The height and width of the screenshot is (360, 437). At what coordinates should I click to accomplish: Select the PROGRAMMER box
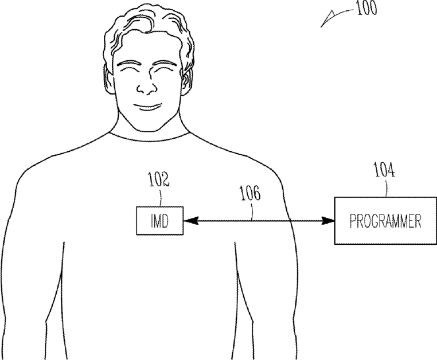click(x=384, y=220)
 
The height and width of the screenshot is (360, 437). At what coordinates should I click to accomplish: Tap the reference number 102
click(x=158, y=182)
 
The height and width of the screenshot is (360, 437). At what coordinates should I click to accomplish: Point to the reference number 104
click(x=384, y=170)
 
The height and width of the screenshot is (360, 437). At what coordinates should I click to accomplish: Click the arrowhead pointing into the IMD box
click(x=189, y=220)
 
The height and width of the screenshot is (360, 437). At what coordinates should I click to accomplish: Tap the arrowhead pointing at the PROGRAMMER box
click(x=329, y=220)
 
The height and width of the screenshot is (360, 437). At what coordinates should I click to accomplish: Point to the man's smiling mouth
click(x=147, y=107)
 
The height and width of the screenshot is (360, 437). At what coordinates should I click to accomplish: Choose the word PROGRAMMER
click(x=384, y=221)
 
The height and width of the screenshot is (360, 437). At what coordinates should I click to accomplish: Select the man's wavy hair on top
click(x=146, y=26)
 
